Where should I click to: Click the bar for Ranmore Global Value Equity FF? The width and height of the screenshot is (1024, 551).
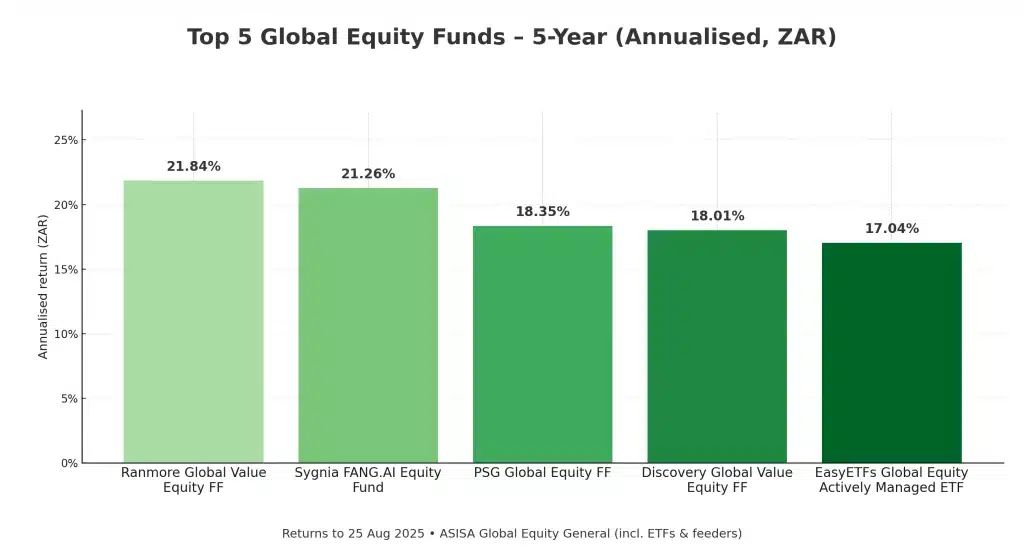coord(193,321)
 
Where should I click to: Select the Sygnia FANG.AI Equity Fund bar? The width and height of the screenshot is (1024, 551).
coord(368,325)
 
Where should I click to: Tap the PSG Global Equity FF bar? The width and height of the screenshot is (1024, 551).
coord(542,344)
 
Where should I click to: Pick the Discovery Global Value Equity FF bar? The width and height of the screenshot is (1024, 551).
coord(717,346)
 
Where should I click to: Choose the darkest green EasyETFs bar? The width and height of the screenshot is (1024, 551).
coord(891,352)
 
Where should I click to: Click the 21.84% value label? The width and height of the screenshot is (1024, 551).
coord(193,166)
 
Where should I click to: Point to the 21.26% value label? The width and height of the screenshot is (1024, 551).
coord(368,174)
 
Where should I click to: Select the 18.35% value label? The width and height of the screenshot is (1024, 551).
coord(542,212)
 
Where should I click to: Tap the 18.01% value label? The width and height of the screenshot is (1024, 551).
coord(717,216)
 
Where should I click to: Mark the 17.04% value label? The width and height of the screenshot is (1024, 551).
coord(891,228)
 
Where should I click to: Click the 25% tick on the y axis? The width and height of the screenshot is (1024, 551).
coord(66,140)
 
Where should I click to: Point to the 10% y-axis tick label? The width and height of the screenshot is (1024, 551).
coord(66,334)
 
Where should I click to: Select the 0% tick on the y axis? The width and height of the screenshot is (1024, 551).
coord(69,463)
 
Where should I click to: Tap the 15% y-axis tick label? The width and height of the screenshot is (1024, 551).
coord(66,269)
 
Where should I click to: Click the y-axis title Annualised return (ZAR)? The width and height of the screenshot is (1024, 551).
coord(43,286)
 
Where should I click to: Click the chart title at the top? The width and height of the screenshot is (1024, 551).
coord(511,37)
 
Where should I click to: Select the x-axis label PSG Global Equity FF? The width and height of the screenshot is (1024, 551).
coord(542,472)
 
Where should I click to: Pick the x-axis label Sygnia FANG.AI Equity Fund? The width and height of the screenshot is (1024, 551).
coord(368,480)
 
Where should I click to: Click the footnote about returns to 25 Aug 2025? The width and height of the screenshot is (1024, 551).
coord(511,533)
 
